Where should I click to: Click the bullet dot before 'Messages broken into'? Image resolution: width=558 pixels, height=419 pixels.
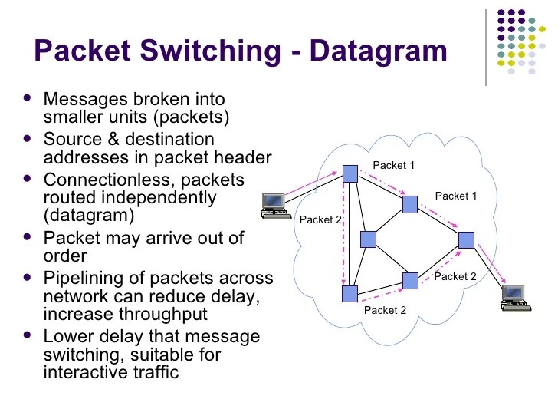(28, 100)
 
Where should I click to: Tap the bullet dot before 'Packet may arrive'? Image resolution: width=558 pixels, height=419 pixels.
(28, 236)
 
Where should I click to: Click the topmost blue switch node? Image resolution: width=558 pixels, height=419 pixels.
(350, 173)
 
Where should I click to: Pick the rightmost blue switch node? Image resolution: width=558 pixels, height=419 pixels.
(466, 239)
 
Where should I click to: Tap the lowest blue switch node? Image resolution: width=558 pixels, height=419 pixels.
(350, 294)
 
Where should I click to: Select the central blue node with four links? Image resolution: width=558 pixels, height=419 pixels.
(369, 239)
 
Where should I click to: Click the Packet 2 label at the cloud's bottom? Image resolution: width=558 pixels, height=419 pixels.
(385, 310)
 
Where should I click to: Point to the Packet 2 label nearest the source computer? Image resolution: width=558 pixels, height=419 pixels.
(320, 220)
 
